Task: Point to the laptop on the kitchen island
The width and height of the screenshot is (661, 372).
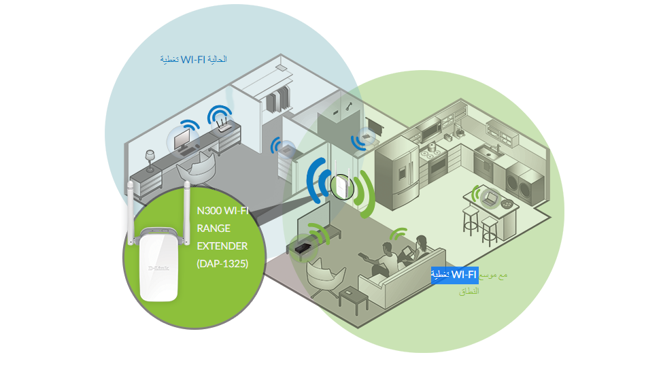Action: pyautogui.click(x=489, y=198)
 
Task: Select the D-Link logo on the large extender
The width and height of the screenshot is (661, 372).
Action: pyautogui.click(x=158, y=267)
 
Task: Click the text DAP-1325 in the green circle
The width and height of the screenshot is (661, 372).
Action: pyautogui.click(x=222, y=263)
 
